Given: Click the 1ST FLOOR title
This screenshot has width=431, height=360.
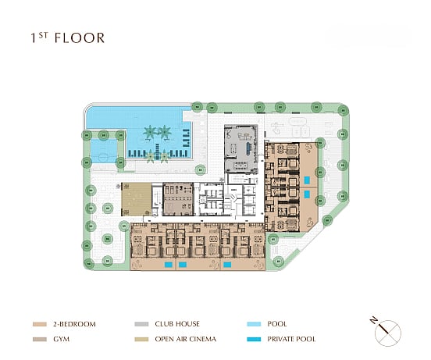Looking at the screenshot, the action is (x=68, y=38).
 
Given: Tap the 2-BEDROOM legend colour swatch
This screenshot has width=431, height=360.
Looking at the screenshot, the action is (x=40, y=324).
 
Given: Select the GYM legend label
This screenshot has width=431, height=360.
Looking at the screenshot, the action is (x=62, y=339).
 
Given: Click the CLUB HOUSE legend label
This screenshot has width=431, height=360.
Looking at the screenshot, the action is (x=177, y=324).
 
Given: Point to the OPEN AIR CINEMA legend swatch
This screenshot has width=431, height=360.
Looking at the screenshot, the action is (x=141, y=339).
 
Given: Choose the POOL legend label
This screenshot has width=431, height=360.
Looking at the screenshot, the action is (x=277, y=324).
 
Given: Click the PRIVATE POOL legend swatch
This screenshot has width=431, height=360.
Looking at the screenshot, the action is (x=254, y=339).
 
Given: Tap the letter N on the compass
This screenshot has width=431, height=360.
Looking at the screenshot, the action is (x=373, y=320).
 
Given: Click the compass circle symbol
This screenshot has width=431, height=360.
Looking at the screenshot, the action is (x=388, y=333).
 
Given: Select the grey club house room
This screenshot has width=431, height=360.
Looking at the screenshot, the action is (x=241, y=149).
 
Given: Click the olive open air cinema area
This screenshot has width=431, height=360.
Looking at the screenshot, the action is (x=137, y=199).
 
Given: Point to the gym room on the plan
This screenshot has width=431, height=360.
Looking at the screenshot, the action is (x=178, y=199).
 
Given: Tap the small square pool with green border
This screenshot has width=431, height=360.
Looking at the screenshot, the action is (x=104, y=151).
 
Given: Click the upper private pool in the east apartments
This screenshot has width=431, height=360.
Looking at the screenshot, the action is (x=307, y=180).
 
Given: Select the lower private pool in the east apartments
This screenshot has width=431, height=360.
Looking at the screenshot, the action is (x=307, y=194).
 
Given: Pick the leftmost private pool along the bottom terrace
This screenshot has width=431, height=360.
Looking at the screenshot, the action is (x=169, y=265).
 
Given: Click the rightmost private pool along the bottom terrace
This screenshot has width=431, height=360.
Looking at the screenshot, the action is (x=227, y=265).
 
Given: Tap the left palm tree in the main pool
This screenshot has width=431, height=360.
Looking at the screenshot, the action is (x=151, y=133).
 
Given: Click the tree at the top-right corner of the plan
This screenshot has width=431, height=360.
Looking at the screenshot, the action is (x=343, y=110).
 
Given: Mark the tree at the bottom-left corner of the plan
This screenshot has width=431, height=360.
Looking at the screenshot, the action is (x=88, y=264).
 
